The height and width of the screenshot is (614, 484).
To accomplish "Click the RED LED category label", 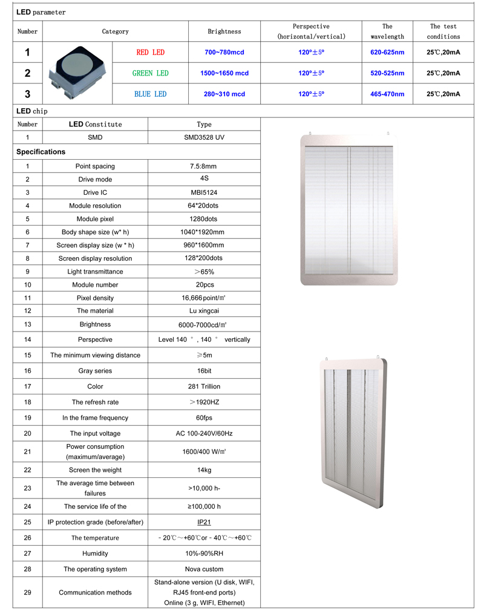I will click(x=151, y=53).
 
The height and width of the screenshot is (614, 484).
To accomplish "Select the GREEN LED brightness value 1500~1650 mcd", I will click(x=224, y=73).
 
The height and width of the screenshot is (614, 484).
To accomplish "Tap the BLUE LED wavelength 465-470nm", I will click(x=387, y=94).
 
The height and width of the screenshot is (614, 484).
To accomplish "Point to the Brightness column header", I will click(x=224, y=31).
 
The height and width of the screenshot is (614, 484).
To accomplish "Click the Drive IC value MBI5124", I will click(x=204, y=192).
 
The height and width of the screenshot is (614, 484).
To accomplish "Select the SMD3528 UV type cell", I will click(x=204, y=137).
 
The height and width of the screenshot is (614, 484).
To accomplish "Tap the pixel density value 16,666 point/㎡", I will click(x=204, y=298).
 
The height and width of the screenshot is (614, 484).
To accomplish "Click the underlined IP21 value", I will click(x=204, y=522).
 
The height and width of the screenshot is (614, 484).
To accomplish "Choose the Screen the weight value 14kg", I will click(x=204, y=470).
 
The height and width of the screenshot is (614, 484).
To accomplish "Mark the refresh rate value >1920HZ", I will click(x=204, y=402).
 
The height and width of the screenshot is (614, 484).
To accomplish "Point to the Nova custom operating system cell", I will click(x=204, y=569).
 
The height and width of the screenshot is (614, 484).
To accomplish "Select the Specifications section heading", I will click(x=41, y=152).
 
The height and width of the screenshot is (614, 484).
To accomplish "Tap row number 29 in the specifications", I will click(x=28, y=592).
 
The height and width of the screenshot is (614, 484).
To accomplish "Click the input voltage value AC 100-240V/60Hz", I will click(x=204, y=433).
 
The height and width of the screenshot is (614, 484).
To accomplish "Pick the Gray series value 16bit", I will click(x=204, y=371).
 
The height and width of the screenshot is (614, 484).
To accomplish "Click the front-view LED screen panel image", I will click(x=349, y=209).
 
